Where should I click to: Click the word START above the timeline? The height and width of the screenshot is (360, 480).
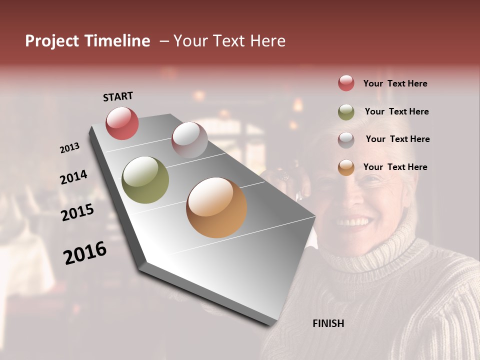pos(118,96)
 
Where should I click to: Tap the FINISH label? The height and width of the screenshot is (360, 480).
pos(328,323)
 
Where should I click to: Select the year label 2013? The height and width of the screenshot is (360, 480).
pos(69,148)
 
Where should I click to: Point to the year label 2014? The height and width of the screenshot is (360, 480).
pos(73,177)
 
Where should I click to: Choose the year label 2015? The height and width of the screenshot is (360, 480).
pos(77,212)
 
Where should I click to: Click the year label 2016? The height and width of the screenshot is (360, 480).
pos(84,253)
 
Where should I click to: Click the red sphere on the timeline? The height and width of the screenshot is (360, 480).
pos(122,123)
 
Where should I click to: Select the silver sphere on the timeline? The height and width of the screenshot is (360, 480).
pos(189,139)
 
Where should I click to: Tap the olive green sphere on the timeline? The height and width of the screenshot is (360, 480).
pos(145,180)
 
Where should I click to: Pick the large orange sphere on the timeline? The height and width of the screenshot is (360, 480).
pos(216,207)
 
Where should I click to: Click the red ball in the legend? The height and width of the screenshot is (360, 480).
pos(346,83)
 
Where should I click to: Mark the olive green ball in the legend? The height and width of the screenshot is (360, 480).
pos(346,112)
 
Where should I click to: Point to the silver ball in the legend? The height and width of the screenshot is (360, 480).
pos(346,139)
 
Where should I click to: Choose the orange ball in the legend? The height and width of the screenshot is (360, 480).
pos(346,167)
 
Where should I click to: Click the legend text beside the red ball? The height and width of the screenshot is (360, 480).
pos(395,83)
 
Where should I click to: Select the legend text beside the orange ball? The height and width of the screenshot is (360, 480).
pos(395,167)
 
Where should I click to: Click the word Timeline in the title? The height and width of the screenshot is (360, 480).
pos(117,41)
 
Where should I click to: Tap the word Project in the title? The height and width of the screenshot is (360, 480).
pos(52,41)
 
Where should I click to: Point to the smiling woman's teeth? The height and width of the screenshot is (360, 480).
pos(353,220)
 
